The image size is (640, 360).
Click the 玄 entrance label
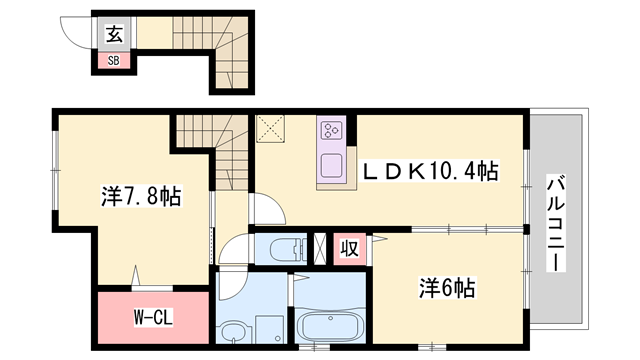(114, 34)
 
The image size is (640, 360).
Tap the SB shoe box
(113, 60)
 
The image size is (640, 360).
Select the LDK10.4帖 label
(431, 171)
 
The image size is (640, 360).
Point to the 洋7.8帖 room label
(141, 196)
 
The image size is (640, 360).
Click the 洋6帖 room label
(447, 288)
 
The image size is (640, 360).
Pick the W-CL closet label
(153, 317)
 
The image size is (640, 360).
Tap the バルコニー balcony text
(556, 223)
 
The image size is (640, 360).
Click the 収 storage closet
(349, 249)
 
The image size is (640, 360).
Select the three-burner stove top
(331, 130)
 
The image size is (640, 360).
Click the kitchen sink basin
(331, 165)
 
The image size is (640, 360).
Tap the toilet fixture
(287, 249)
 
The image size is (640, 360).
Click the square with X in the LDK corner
(270, 129)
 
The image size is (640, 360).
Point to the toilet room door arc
(230, 244)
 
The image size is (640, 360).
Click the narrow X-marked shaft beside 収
(320, 249)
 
